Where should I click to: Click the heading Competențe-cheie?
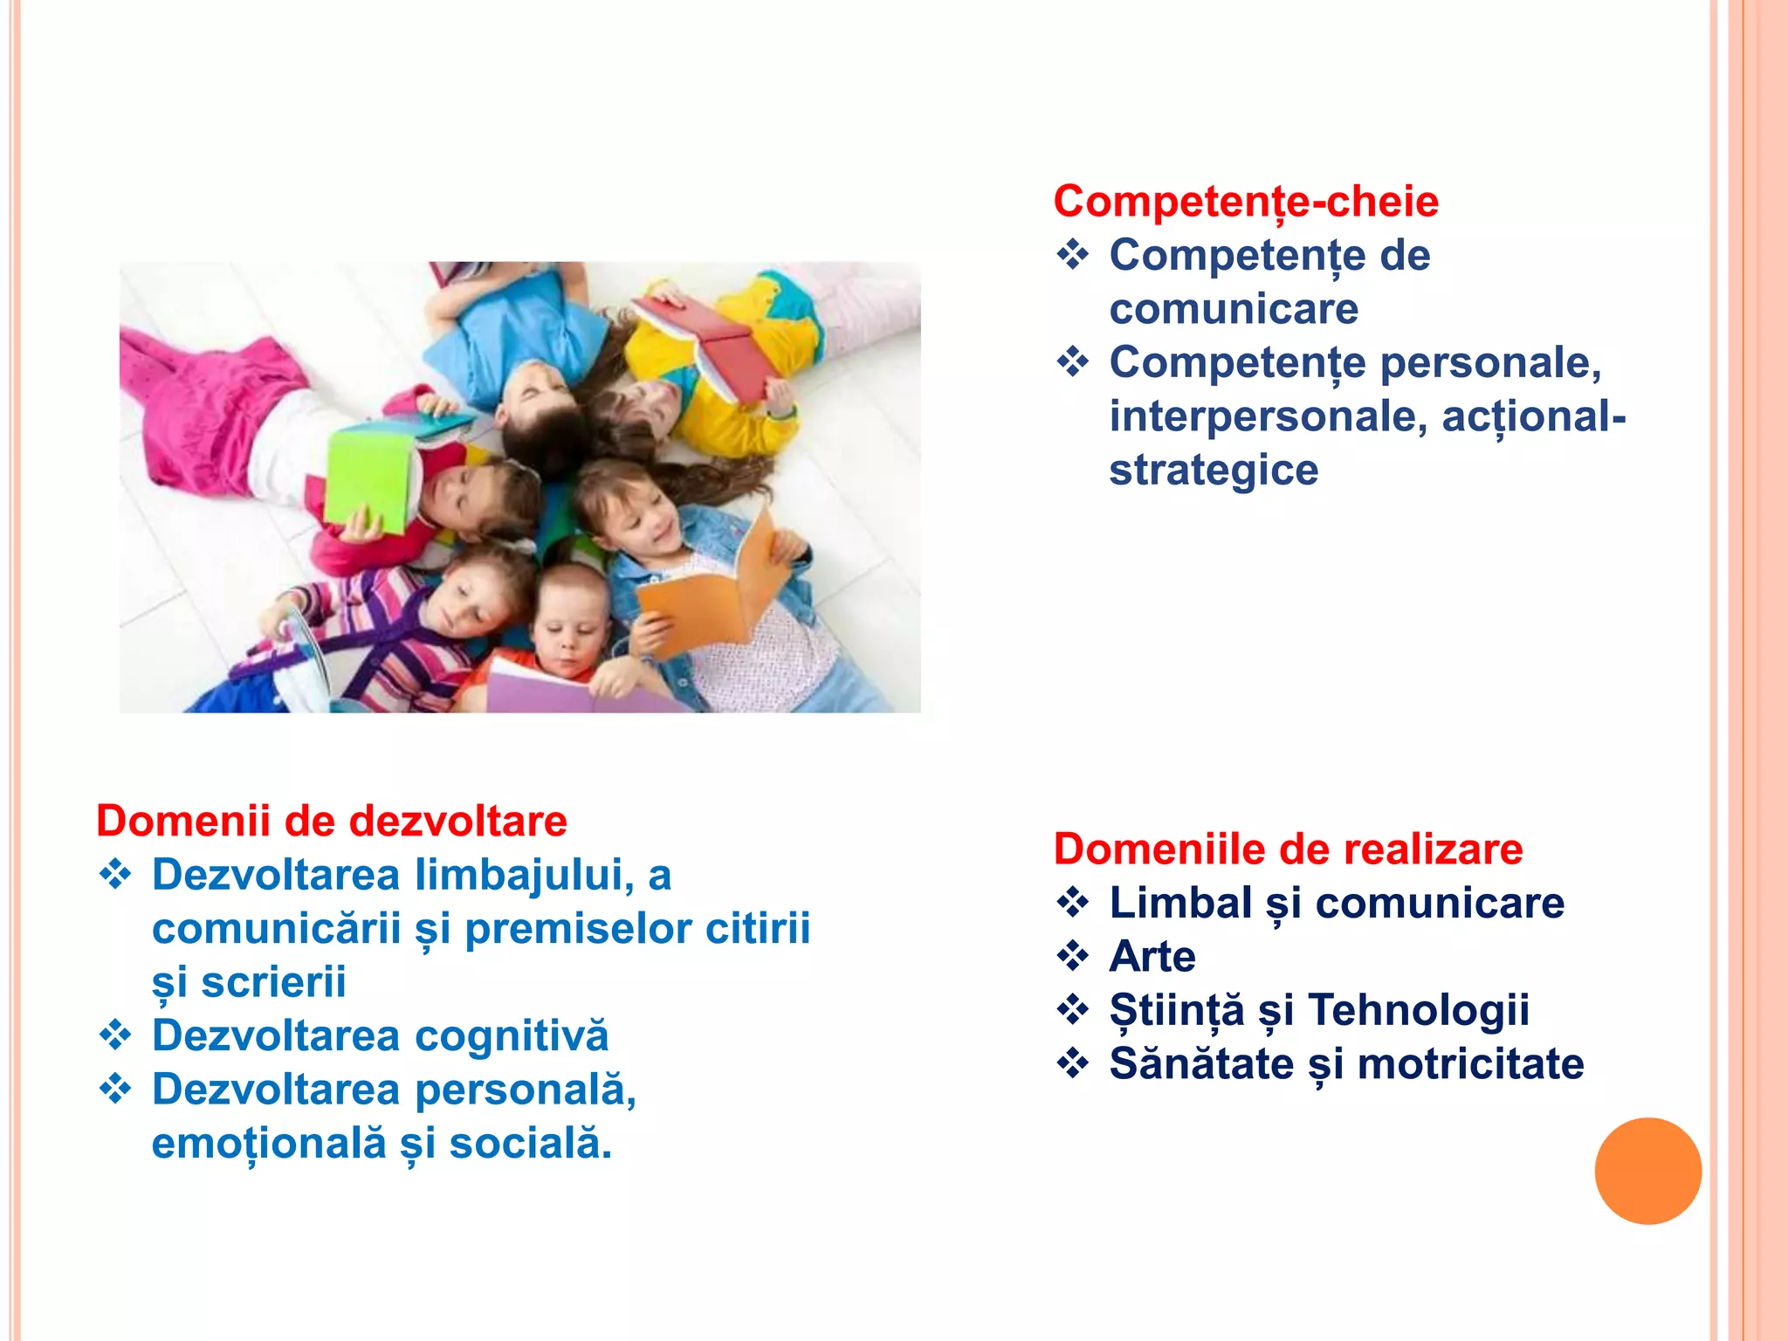click(1245, 202)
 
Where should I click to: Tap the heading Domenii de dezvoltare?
click(332, 822)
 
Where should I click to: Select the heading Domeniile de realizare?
click(1288, 849)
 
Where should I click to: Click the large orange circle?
click(1647, 1171)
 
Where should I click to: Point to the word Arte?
click(1152, 957)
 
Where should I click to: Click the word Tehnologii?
click(1419, 1010)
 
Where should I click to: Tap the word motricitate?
click(1470, 1064)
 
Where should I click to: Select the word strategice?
click(1214, 471)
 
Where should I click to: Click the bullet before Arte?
click(1073, 956)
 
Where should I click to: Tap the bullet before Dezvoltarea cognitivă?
click(115, 1036)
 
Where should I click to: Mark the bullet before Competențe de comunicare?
click(1073, 255)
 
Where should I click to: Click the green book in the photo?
click(369, 476)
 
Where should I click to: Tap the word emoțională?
click(269, 1144)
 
